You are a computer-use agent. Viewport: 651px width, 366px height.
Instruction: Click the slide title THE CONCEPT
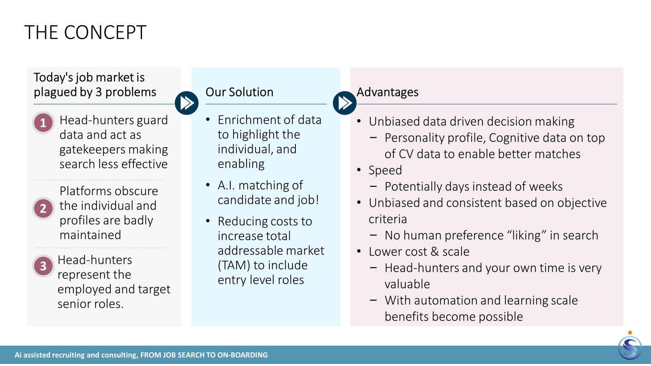(x=85, y=32)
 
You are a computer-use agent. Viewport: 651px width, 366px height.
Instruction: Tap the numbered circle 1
(x=43, y=123)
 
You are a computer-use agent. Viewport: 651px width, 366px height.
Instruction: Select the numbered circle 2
(x=43, y=208)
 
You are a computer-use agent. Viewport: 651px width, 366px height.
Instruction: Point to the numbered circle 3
(x=43, y=266)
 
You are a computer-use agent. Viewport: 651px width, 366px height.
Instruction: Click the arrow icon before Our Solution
(x=187, y=103)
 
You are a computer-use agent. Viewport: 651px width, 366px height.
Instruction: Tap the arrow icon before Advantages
(x=345, y=103)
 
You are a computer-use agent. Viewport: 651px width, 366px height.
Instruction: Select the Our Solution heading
(x=240, y=92)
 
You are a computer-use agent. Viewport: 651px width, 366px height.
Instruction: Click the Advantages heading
(x=387, y=92)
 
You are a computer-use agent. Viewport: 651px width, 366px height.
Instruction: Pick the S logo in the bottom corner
(x=630, y=347)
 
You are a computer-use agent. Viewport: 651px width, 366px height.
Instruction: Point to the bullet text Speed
(x=385, y=170)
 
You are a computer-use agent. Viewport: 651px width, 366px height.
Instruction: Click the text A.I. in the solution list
(x=226, y=185)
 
